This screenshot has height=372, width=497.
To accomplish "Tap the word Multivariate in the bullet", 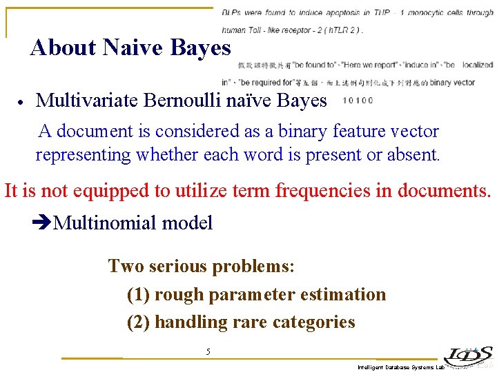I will point(88,101).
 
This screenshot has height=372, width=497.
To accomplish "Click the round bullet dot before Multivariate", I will point(21,102).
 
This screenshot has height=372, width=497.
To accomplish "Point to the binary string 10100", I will point(358,101).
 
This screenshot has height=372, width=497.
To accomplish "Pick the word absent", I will point(412,154).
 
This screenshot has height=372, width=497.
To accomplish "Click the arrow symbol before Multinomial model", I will point(42,223).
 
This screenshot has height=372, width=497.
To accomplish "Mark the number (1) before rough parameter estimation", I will point(139,295).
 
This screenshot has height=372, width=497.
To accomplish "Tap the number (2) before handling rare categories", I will point(139,322).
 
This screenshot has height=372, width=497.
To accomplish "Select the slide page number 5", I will point(208,352).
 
